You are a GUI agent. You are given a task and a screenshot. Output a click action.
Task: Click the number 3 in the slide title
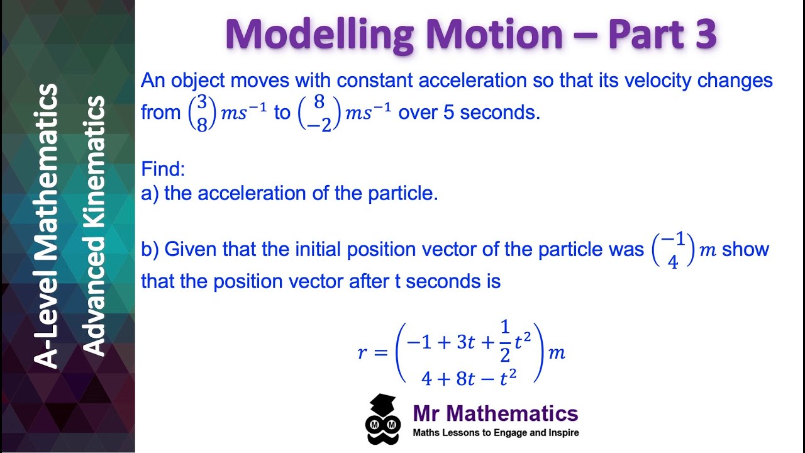pos(704,35)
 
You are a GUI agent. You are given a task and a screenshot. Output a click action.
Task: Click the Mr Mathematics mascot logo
pos(383,419)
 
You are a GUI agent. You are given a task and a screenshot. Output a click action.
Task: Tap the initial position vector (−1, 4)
pos(673,250)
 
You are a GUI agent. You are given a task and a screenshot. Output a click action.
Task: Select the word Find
pos(163,169)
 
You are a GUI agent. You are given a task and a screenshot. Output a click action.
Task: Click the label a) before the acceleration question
pos(150,193)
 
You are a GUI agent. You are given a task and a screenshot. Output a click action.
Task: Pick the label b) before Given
pos(150,250)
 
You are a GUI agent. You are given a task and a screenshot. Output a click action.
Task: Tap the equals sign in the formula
pos(381,352)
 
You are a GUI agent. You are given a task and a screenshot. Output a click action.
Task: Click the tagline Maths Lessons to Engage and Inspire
pos(496,433)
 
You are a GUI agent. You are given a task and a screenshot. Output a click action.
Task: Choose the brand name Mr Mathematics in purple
pos(496,413)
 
